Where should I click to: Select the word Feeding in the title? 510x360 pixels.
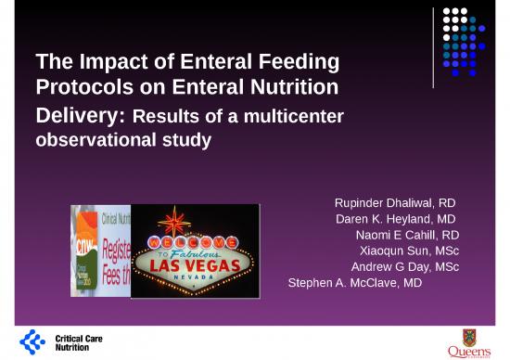click(x=299, y=63)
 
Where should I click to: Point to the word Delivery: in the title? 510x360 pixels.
click(x=81, y=117)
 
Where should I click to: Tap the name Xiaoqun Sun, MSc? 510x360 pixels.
click(x=409, y=251)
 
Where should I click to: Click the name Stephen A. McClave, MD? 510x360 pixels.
click(x=355, y=283)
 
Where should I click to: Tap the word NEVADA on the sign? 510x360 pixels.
click(x=193, y=278)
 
